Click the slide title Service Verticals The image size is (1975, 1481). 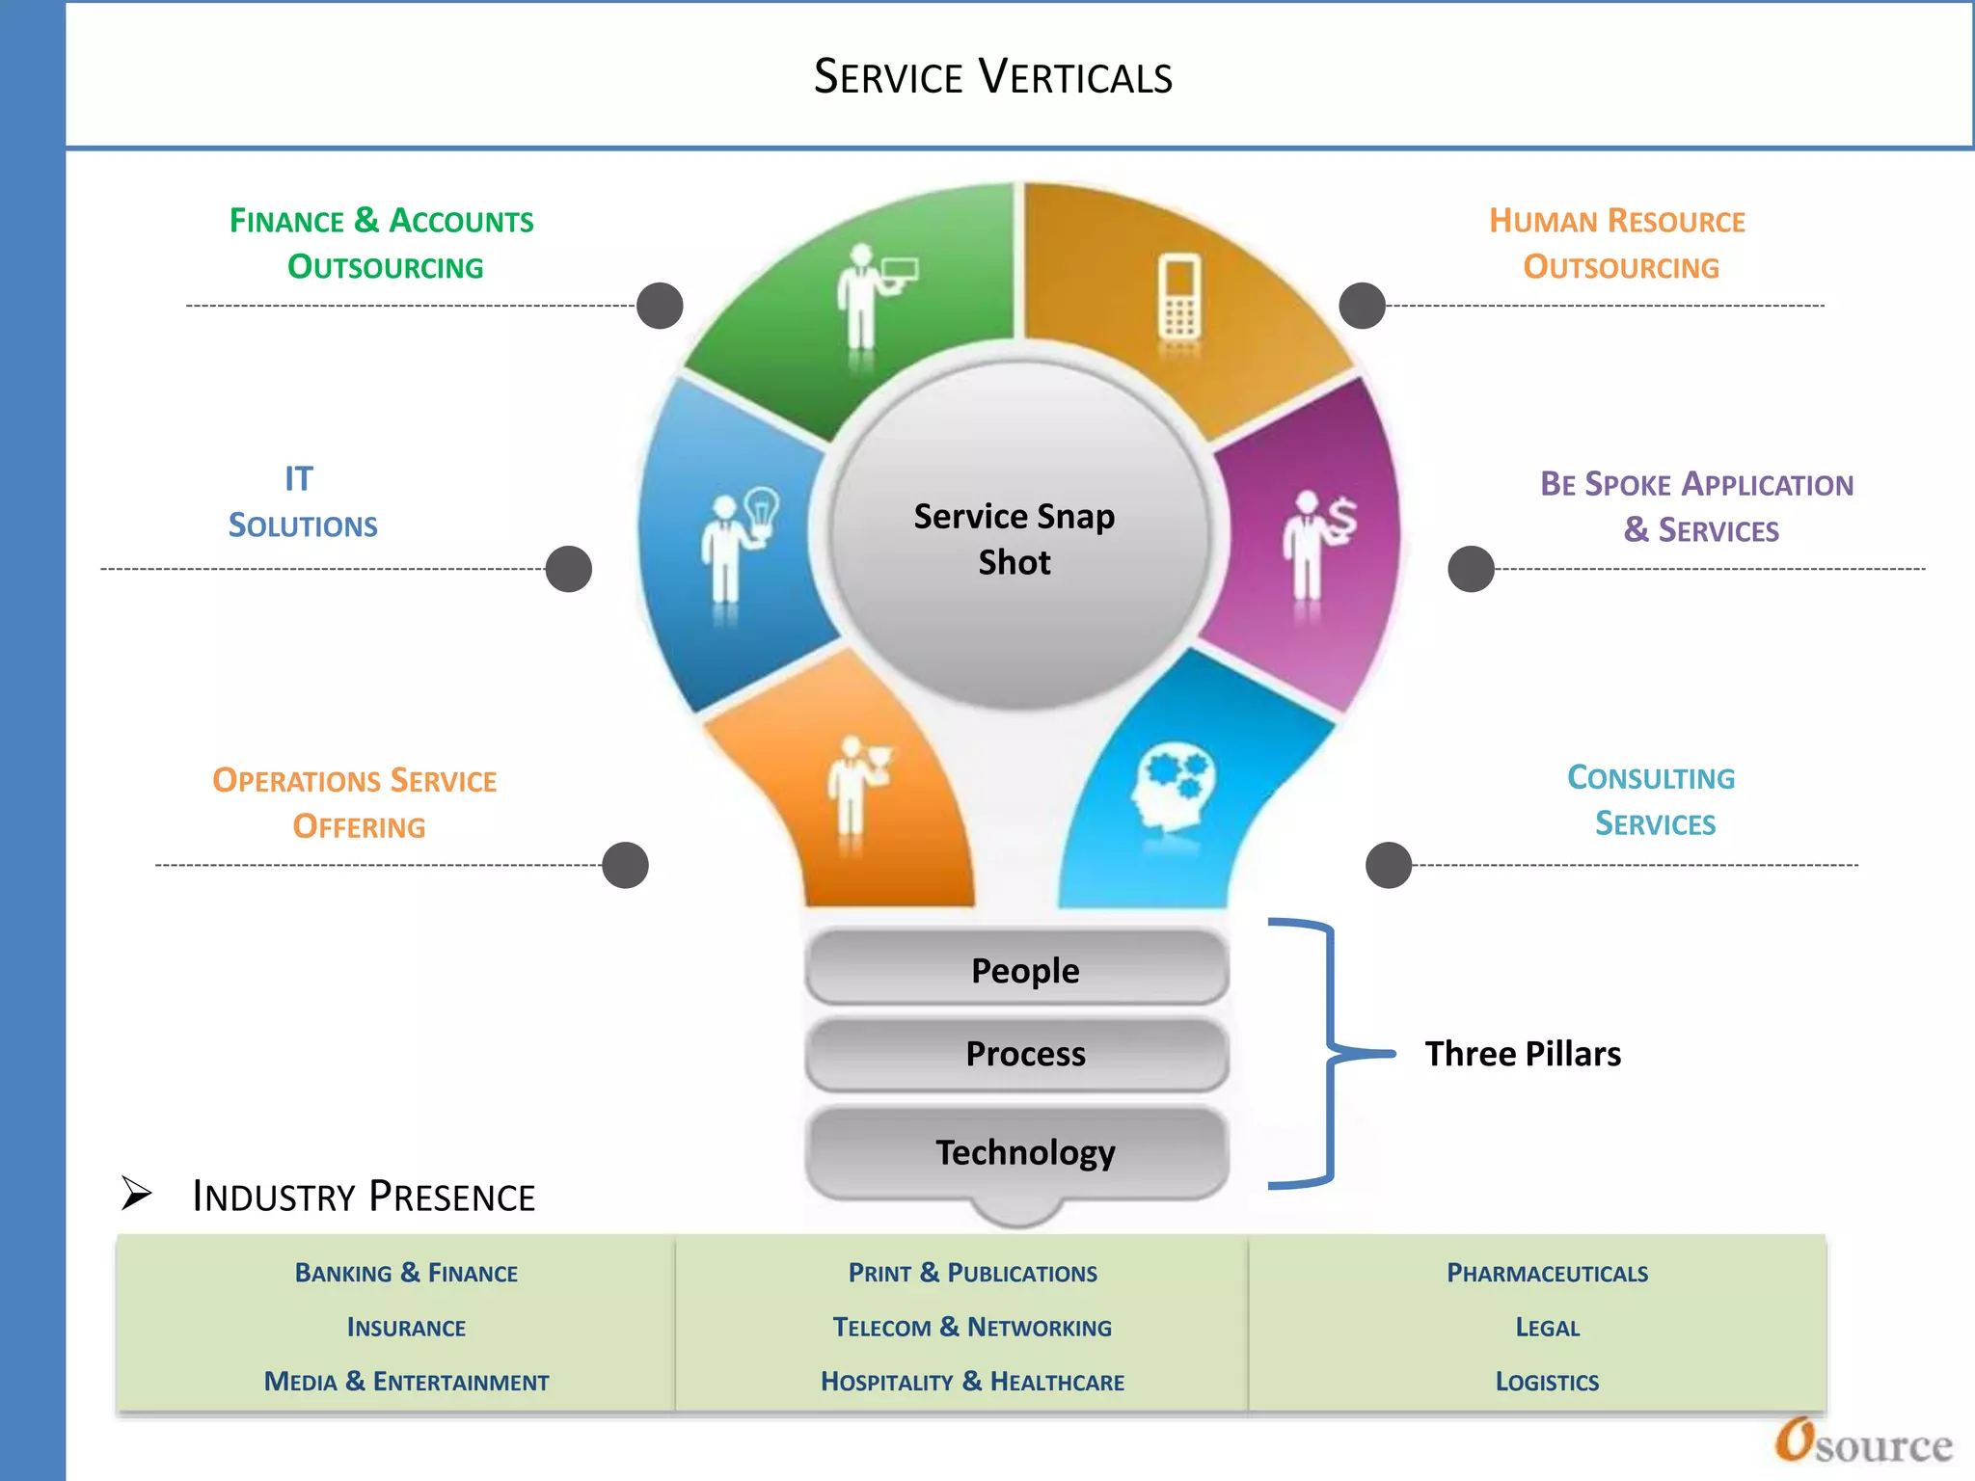click(992, 77)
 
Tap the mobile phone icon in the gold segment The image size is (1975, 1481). click(1178, 297)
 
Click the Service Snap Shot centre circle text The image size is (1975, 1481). click(1015, 539)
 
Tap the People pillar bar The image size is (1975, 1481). click(1017, 969)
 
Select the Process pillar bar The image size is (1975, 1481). click(1017, 1054)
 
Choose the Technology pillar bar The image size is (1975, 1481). click(1017, 1152)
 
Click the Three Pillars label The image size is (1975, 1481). click(1523, 1054)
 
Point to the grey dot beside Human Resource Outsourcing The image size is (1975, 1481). click(1362, 306)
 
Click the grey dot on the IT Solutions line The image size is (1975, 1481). click(568, 569)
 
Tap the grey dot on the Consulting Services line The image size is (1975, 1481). click(1389, 865)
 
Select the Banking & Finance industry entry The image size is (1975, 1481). click(406, 1273)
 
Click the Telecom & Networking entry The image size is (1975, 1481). click(972, 1328)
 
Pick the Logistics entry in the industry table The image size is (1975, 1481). click(1547, 1382)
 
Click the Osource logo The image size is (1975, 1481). click(1863, 1443)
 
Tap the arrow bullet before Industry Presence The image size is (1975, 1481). click(137, 1194)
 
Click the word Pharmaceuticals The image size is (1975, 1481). click(1547, 1273)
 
